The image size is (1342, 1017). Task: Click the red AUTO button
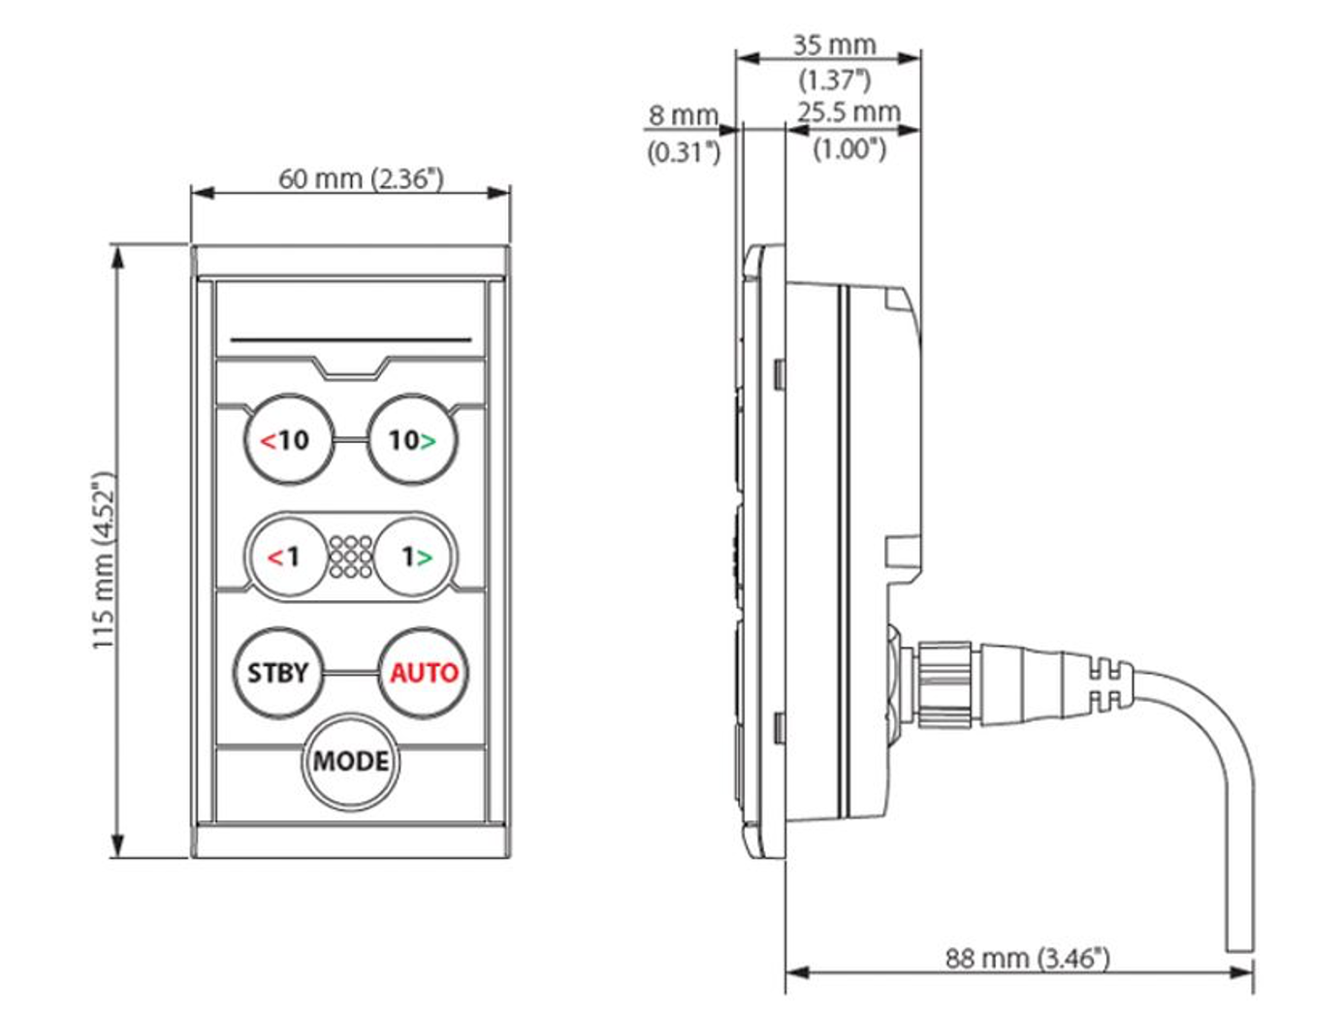[424, 673]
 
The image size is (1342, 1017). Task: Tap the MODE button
[350, 761]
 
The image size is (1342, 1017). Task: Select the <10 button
[288, 440]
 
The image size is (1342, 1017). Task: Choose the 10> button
[412, 440]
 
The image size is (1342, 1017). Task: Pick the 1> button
[415, 556]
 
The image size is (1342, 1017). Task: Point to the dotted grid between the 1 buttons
[350, 556]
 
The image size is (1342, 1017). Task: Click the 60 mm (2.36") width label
[361, 179]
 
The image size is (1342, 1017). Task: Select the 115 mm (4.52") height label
[104, 560]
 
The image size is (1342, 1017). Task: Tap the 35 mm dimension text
[834, 46]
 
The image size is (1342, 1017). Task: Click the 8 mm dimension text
[683, 115]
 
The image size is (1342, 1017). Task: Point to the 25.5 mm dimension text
[849, 112]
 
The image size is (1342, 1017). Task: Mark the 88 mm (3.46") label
[1027, 958]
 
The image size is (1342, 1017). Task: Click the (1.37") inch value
[834, 79]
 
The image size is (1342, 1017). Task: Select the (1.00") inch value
[849, 148]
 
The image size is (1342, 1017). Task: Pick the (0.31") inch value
[684, 151]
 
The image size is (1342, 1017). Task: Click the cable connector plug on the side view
[979, 683]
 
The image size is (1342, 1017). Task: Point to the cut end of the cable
[1240, 947]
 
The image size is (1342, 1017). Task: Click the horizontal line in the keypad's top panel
[351, 340]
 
